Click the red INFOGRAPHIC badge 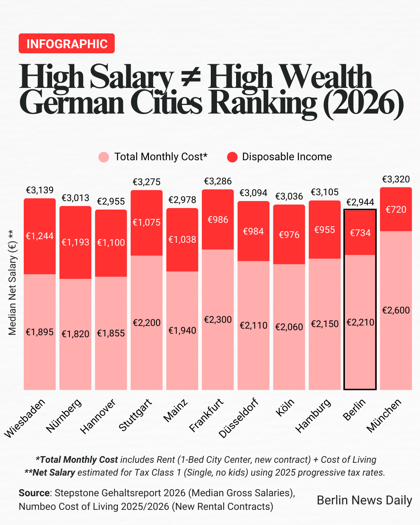66,44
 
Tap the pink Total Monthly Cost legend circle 104,157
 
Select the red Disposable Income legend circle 232,157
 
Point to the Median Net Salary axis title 12,282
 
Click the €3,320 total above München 395,179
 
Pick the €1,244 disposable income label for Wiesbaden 40,236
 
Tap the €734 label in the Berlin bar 360,233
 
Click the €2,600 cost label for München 395,310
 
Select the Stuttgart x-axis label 135,415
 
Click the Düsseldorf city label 238,418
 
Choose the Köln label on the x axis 285,407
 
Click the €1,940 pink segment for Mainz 182,331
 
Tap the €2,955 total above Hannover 111,201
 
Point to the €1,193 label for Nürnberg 75,242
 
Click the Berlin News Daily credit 364,500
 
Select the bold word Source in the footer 34,493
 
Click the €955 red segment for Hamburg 325,230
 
